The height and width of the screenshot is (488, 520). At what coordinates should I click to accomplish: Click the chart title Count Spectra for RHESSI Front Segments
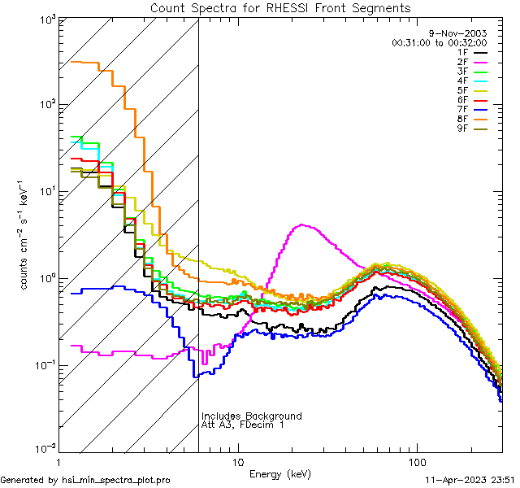[279, 7]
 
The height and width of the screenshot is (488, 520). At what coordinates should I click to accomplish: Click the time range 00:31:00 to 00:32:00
[439, 42]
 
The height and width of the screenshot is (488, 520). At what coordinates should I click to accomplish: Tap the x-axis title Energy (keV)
[279, 473]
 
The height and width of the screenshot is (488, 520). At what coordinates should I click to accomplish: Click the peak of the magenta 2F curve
[302, 224]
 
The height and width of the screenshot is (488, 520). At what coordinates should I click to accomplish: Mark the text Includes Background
[251, 416]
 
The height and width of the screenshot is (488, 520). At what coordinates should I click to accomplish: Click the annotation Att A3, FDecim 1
[243, 425]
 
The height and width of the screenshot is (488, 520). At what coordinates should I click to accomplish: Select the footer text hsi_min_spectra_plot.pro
[116, 480]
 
